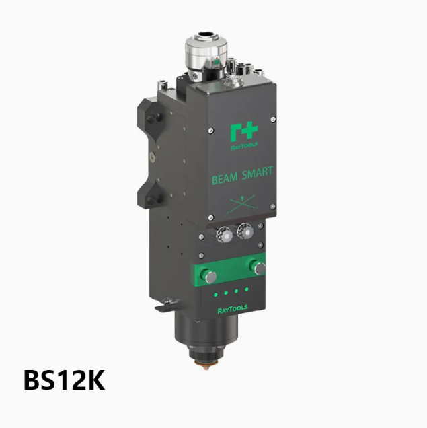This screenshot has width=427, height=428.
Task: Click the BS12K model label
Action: pos(65,380)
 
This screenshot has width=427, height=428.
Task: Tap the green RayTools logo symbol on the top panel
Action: pos(243,133)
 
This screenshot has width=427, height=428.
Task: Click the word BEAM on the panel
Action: pos(225,179)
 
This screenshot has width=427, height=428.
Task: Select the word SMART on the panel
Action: pos(258,172)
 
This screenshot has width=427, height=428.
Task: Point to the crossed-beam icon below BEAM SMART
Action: pos(242,204)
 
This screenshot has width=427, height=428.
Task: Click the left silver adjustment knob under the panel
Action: pos(225,234)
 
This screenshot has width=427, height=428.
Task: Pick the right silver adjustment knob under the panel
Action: pos(245,231)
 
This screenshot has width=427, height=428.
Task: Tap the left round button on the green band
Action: pos(208,276)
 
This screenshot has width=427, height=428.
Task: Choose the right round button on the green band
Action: pos(258,268)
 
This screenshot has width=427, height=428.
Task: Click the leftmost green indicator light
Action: pos(216,295)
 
